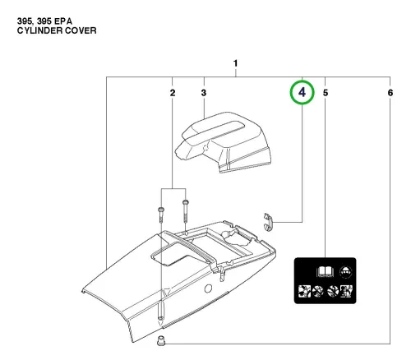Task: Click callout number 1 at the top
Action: (x=235, y=63)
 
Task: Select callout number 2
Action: (x=173, y=93)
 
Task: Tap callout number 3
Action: (x=204, y=93)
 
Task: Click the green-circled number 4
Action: (x=302, y=92)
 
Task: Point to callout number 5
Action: (x=326, y=93)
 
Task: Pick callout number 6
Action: (x=390, y=93)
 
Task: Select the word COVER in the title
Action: (x=81, y=30)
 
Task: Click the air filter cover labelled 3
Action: (x=223, y=142)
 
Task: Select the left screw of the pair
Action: (x=160, y=215)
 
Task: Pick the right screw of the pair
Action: (x=186, y=211)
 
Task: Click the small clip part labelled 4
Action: (x=269, y=222)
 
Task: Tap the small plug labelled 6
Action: (x=161, y=341)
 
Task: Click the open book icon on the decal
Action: (x=326, y=272)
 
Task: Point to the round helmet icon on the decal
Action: (x=346, y=272)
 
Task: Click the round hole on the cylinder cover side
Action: (x=208, y=288)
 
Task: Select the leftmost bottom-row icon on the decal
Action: (x=304, y=291)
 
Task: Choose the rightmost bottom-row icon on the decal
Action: (x=346, y=291)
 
